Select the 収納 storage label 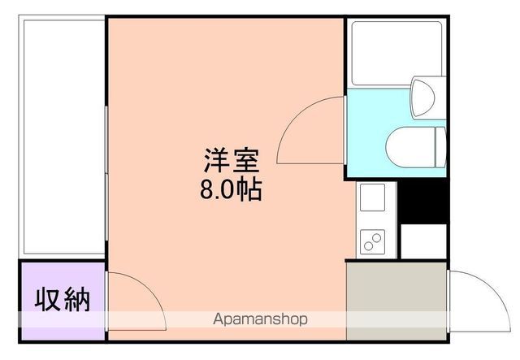62,300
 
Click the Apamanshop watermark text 260,319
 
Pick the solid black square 423,199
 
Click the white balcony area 62,134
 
